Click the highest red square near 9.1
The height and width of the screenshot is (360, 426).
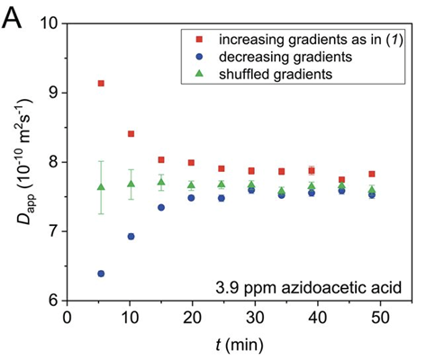101,83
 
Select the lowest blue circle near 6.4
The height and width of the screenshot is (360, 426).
101,274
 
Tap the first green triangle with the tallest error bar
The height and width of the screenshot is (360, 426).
101,187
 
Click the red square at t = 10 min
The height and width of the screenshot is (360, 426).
131,134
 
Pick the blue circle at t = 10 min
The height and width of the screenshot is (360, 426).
131,237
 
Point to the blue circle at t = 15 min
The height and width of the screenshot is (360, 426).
161,207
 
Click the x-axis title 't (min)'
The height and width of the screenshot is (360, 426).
239,342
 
